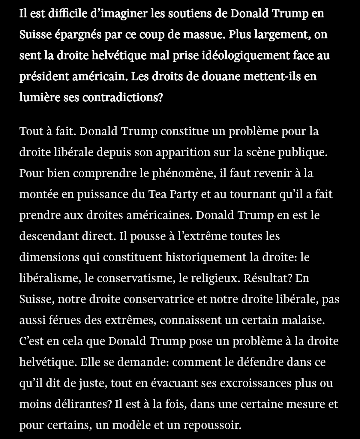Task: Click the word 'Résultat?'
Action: click(x=268, y=278)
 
